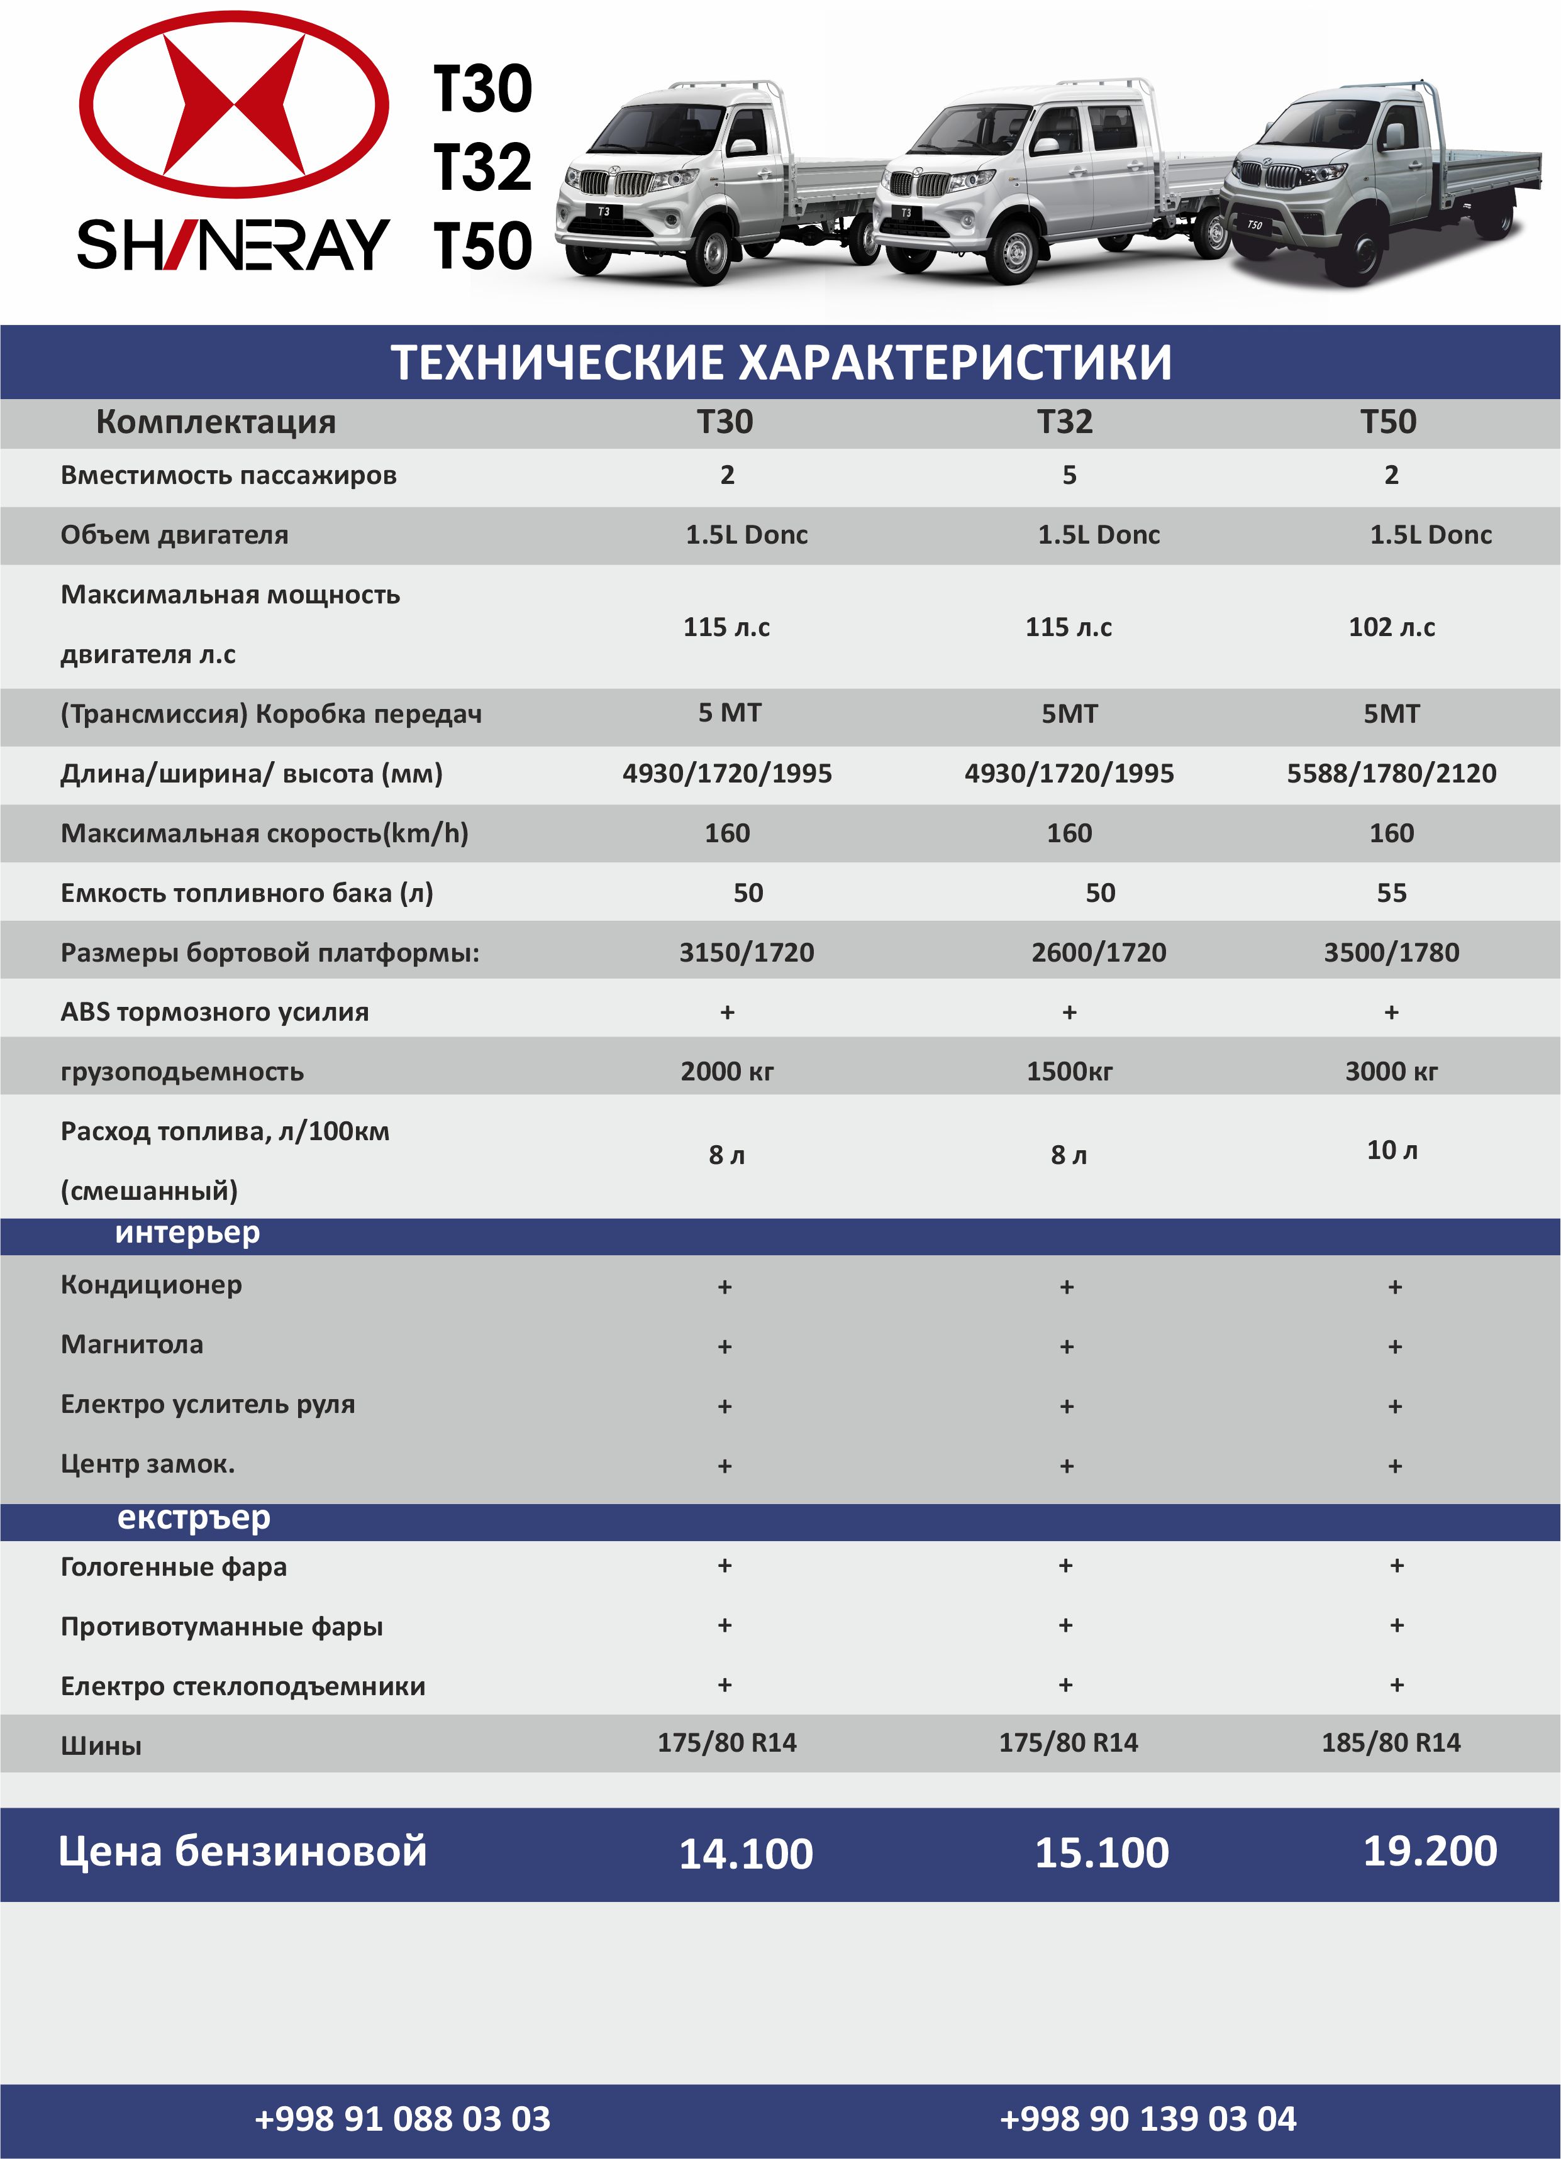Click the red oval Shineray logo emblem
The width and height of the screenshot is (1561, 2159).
coord(233,106)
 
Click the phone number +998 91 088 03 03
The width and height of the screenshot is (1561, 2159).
coord(403,2118)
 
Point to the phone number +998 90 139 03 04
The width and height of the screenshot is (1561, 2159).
coord(1148,2118)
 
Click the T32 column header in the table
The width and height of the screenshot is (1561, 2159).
coord(1065,422)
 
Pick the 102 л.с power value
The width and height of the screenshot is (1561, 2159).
coord(1391,627)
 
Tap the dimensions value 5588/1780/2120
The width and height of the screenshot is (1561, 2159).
coord(1391,773)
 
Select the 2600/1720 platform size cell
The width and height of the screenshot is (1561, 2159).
coord(1098,952)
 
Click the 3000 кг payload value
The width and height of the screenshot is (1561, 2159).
coord(1391,1071)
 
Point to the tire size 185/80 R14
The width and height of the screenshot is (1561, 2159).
coord(1391,1742)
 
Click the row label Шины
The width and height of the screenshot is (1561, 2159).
coord(101,1745)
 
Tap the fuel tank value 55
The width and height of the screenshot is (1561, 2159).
coord(1391,892)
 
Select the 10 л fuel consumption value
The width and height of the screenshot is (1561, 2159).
coord(1391,1150)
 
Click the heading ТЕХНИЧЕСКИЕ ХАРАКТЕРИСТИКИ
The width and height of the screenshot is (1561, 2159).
coord(781,363)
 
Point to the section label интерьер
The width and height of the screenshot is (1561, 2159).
coord(187,1232)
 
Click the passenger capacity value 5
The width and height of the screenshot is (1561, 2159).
coord(1069,475)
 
